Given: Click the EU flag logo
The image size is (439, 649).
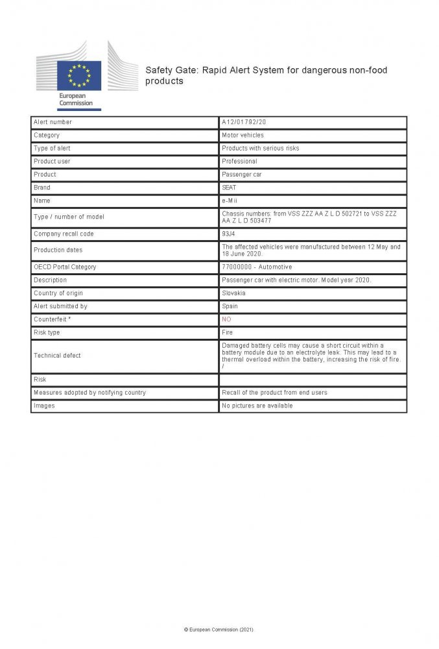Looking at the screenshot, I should (78, 75).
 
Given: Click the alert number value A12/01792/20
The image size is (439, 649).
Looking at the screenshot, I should (244, 122).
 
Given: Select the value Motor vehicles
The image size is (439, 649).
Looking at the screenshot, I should (243, 135).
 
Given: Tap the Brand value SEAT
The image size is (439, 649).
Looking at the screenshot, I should (229, 188).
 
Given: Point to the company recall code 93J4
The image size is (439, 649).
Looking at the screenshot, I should (229, 234).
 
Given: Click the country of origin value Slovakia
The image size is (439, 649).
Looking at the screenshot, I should (235, 293).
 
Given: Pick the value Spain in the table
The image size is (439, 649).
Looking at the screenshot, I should (230, 306).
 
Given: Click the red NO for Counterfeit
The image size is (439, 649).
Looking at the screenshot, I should (226, 319).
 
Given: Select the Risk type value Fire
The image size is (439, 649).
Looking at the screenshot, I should (227, 332).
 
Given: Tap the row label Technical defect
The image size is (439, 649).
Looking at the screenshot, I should (57, 356).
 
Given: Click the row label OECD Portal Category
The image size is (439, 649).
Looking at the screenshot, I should (64, 267).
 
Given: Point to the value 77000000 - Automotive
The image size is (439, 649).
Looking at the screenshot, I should (257, 267).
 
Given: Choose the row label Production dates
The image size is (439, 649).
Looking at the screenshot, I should (58, 250).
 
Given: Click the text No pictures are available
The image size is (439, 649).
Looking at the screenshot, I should (257, 406).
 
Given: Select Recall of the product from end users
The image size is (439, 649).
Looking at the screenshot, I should (274, 393).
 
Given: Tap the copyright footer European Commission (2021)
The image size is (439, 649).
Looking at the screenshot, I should (219, 630).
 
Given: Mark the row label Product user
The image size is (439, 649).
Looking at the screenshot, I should (52, 162).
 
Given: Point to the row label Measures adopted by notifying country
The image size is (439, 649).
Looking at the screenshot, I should (89, 393).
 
